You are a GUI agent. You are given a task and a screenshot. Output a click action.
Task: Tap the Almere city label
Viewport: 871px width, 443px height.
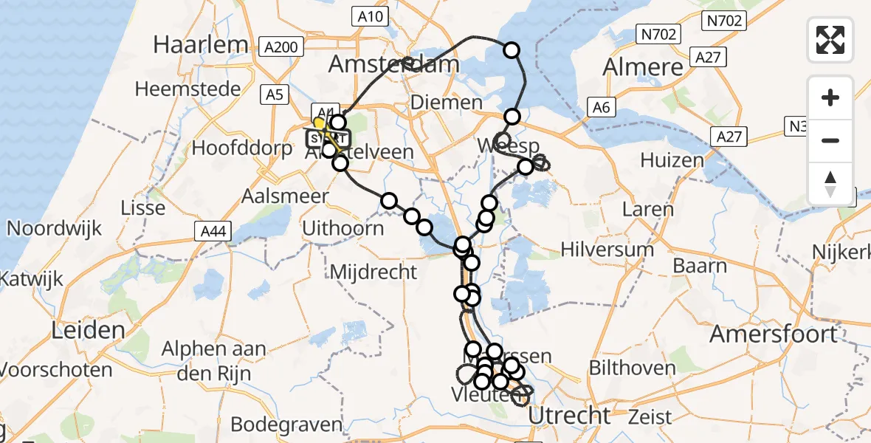(644, 66)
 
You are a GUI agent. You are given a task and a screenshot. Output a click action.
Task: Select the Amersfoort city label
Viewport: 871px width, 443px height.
(774, 334)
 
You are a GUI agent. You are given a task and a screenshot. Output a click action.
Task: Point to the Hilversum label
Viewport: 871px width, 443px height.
(607, 249)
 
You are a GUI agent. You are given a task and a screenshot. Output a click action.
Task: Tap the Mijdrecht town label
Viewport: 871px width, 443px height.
(373, 271)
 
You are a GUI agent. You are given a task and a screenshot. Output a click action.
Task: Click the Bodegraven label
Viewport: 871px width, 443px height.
(286, 424)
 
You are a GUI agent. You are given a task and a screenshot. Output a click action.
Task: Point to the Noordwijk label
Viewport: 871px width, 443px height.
(54, 227)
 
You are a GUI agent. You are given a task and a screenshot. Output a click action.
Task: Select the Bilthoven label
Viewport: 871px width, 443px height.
(632, 367)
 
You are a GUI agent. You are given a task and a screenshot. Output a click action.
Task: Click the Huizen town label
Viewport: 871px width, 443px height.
(672, 160)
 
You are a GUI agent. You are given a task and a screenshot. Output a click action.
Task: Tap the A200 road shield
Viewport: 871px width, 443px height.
(281, 48)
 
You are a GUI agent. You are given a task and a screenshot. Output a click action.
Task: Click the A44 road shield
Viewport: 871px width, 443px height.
(214, 233)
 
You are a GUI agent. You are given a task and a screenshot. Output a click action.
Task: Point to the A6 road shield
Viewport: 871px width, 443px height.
(602, 108)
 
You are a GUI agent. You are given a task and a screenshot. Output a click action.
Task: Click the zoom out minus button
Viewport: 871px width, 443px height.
(830, 140)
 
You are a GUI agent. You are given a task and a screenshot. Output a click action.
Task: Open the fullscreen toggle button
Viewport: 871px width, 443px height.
(830, 39)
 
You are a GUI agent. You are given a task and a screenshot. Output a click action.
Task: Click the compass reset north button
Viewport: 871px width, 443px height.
(830, 183)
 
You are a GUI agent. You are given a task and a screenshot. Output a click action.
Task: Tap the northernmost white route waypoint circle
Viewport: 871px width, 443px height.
(512, 50)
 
